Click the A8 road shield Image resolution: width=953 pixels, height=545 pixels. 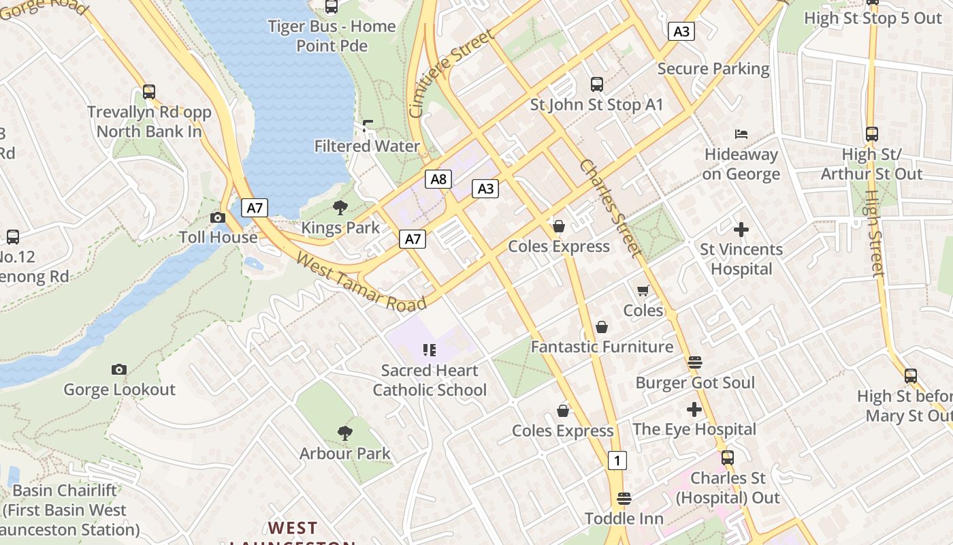tap(438, 179)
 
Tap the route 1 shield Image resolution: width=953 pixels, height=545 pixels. tap(617, 460)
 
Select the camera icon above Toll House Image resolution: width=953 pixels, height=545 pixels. tap(218, 217)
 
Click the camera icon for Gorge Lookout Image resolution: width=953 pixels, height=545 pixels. tap(119, 369)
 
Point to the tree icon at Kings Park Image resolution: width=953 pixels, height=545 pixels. tap(340, 208)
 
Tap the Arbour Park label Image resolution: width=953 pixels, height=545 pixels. tap(345, 453)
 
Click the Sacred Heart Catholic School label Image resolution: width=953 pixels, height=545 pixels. tap(430, 380)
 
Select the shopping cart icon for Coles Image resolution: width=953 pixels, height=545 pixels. tap(643, 290)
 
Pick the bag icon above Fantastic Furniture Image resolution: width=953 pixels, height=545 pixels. tap(602, 327)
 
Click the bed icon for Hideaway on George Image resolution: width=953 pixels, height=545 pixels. tap(741, 134)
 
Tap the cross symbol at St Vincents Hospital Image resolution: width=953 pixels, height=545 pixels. tap(741, 230)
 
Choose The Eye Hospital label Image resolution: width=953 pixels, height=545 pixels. tap(694, 429)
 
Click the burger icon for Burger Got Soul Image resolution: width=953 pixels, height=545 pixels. tap(694, 362)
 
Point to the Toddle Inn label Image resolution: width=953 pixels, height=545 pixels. tap(624, 518)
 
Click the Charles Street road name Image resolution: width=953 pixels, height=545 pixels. tap(611, 209)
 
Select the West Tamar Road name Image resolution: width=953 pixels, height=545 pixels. tap(361, 281)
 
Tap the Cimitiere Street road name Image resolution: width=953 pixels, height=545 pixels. tap(451, 74)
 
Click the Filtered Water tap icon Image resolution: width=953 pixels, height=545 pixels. tap(368, 126)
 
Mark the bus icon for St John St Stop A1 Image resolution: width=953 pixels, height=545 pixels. tap(597, 84)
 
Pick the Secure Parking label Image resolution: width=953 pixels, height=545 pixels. tap(713, 69)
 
